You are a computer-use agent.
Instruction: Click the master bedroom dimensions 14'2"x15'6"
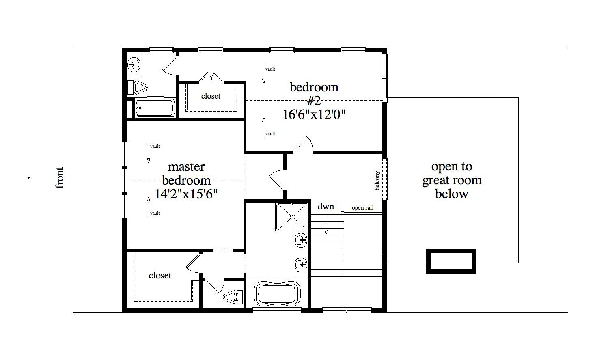tap(186, 194)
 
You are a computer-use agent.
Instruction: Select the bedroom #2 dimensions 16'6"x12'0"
tap(314, 115)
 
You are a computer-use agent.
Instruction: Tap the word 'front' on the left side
tap(60, 178)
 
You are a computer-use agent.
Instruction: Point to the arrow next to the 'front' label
tap(39, 178)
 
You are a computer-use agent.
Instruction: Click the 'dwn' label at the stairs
tap(326, 207)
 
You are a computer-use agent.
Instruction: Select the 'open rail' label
tap(362, 208)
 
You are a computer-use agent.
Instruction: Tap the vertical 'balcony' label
tap(377, 181)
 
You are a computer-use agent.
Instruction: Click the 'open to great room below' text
tap(452, 180)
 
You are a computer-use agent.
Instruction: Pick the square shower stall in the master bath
tap(292, 217)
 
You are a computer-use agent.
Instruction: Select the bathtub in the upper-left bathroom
tap(155, 108)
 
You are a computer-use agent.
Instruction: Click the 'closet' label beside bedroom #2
tap(211, 96)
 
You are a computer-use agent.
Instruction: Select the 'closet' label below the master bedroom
tap(160, 276)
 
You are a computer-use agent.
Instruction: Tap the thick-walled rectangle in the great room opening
tap(451, 261)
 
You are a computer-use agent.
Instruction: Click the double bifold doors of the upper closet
tap(211, 77)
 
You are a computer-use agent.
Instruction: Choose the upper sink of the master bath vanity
tap(301, 240)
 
